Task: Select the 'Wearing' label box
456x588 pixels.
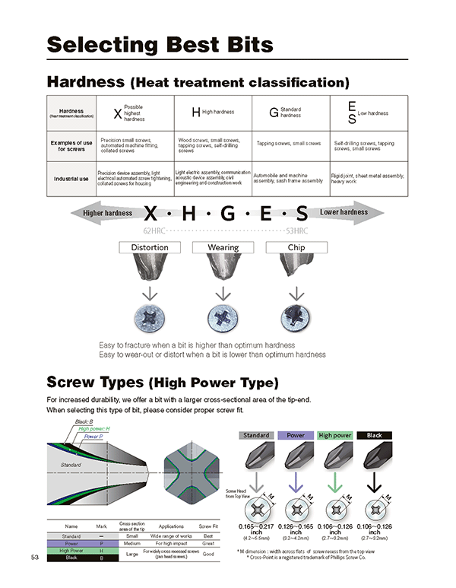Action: (x=223, y=247)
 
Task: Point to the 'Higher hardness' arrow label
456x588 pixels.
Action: (x=107, y=213)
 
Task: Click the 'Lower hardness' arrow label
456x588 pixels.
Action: (x=344, y=212)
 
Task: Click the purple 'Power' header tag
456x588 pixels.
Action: (x=296, y=436)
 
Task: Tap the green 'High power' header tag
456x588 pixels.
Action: (x=335, y=436)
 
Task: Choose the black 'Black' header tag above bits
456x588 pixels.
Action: (x=374, y=436)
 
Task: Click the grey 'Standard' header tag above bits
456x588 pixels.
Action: (x=256, y=436)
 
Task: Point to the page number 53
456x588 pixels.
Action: (x=35, y=558)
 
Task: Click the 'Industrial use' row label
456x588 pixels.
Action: (x=71, y=179)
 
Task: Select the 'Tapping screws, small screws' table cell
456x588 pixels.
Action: (x=289, y=143)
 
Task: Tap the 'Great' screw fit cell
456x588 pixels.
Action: (x=205, y=543)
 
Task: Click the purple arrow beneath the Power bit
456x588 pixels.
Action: (x=296, y=485)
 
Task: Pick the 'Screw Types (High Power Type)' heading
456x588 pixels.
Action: (x=163, y=381)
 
